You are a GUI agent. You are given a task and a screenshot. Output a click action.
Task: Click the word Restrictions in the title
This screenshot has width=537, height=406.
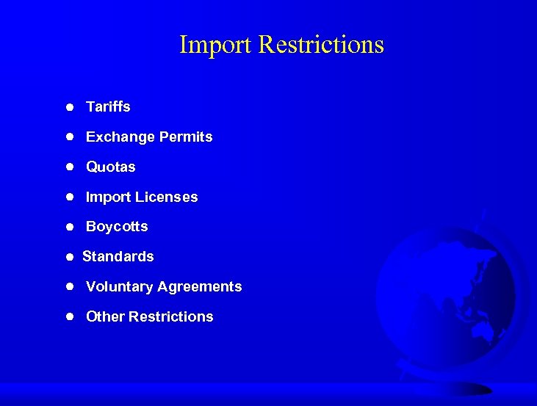[321, 45]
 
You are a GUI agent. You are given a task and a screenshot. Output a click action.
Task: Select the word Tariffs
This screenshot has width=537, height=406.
[108, 107]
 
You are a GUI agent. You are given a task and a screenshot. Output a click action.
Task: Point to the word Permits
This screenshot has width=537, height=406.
[186, 137]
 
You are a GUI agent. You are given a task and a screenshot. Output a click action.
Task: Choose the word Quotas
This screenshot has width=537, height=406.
[111, 167]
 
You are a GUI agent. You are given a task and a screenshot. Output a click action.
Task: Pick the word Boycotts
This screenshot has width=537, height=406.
[117, 227]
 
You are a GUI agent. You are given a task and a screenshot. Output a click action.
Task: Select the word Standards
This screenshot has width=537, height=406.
[118, 257]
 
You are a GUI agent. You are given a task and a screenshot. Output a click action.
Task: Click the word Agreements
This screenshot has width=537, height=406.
[201, 287]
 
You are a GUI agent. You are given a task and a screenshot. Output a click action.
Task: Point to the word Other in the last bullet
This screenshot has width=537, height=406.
[105, 317]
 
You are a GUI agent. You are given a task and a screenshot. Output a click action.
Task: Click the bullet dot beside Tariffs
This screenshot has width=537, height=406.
[68, 107]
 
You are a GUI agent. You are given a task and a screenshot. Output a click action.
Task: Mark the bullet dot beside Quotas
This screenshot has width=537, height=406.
[68, 167]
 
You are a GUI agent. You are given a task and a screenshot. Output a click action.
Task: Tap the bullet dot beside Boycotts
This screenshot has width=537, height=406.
[68, 227]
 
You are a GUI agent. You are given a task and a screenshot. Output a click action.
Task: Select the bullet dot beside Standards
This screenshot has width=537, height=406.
[68, 257]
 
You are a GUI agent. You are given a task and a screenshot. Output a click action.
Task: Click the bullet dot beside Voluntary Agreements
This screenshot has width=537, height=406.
[68, 287]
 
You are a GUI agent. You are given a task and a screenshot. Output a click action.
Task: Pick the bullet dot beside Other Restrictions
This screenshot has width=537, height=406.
[68, 317]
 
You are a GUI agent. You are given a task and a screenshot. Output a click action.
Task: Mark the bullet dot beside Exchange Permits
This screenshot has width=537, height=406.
[68, 137]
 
